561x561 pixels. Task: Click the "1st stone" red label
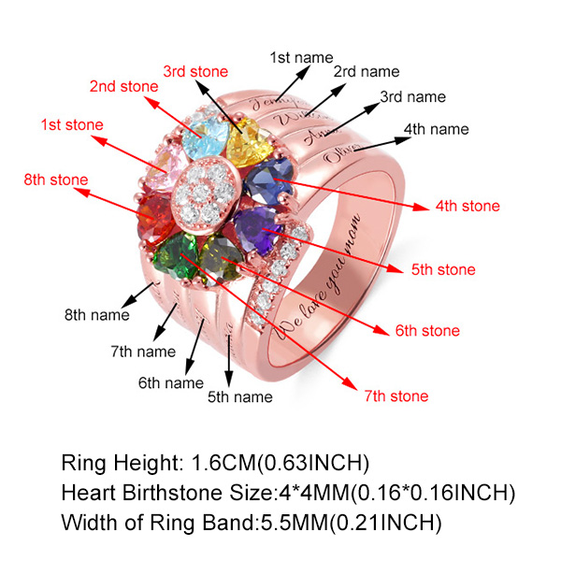[x=72, y=124]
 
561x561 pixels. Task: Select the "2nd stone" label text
[x=123, y=86]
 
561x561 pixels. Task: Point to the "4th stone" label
[x=467, y=206]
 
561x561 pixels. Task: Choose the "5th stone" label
[x=443, y=270]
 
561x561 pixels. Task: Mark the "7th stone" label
[x=396, y=396]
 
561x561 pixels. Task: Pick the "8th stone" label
[x=56, y=180]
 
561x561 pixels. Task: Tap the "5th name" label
[x=239, y=396]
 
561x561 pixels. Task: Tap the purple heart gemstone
[x=259, y=227]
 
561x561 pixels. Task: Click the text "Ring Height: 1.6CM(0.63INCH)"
[x=216, y=463]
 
